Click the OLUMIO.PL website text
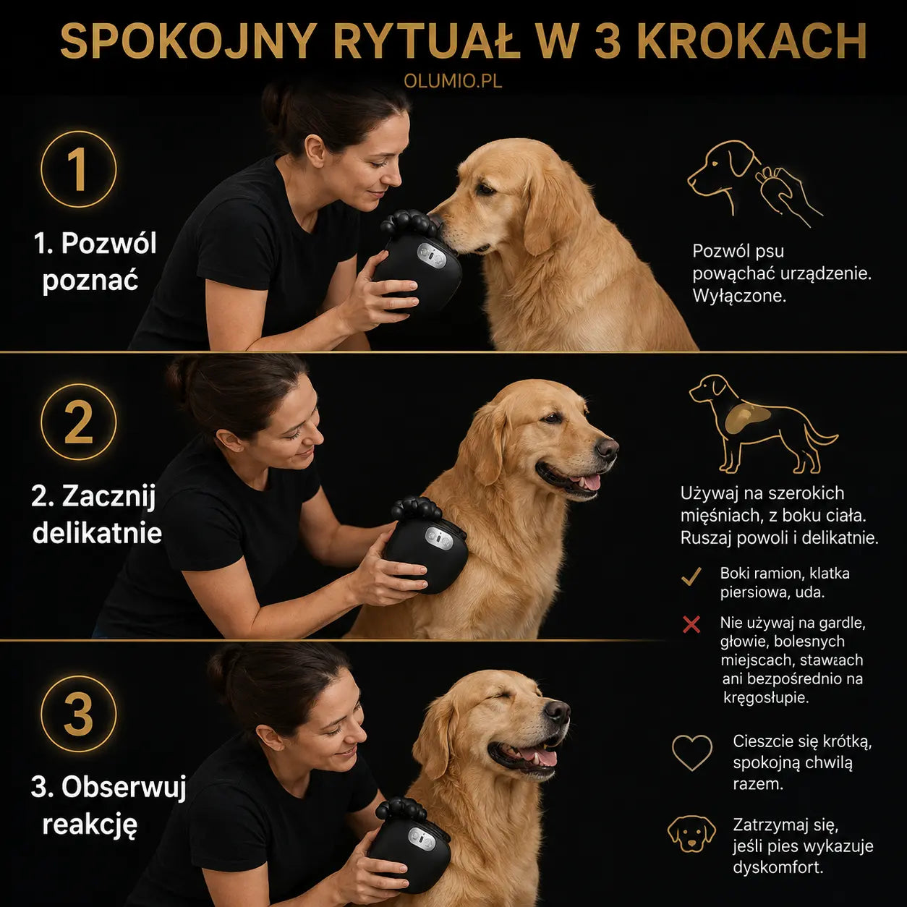coord(453,81)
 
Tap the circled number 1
coord(79,169)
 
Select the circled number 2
coord(79,422)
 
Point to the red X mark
coord(691,625)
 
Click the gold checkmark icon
coord(691,576)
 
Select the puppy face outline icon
coord(691,834)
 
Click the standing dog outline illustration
coord(762,424)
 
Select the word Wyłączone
coord(739,297)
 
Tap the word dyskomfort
coord(777,867)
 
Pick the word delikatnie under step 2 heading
coord(97,533)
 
